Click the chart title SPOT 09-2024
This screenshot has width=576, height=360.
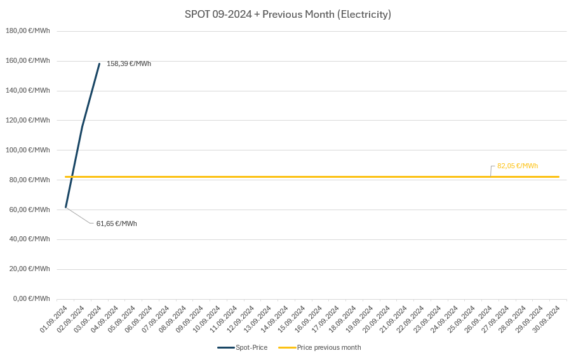(288, 14)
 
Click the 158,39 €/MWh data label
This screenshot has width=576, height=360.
(128, 63)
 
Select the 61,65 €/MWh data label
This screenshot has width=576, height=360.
(116, 223)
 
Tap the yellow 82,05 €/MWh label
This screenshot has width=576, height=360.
(517, 166)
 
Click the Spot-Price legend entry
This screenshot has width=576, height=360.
(243, 347)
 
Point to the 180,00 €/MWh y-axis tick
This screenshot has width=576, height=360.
(28, 30)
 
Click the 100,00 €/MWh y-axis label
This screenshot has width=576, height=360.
(28, 150)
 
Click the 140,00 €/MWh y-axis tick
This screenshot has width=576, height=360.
(28, 90)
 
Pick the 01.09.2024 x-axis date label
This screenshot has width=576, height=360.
(54, 319)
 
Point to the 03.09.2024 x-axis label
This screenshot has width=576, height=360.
(88, 319)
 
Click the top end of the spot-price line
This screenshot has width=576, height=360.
(99, 63)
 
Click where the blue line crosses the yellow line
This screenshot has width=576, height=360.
(72, 177)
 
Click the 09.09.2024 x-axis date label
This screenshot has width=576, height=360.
(190, 319)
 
